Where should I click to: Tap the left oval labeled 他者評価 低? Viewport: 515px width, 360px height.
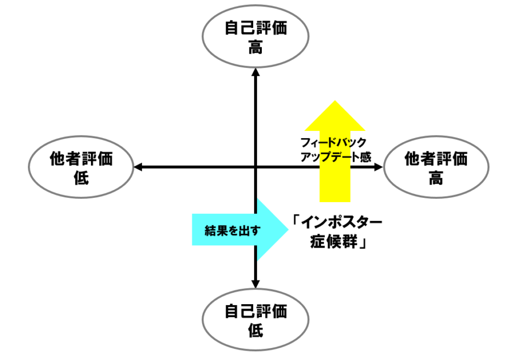[x=81, y=168]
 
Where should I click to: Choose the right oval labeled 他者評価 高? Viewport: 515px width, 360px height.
[x=436, y=168]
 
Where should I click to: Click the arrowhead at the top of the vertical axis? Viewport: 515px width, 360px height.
[x=255, y=72]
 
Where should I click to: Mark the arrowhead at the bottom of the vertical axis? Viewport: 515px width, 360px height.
[x=255, y=283]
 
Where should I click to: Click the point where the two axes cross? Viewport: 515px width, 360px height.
[x=255, y=167]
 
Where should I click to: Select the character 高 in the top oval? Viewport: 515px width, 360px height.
[x=255, y=48]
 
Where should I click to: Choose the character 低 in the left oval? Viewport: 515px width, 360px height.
[x=81, y=179]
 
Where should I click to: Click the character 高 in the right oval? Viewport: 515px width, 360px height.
[x=436, y=179]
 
